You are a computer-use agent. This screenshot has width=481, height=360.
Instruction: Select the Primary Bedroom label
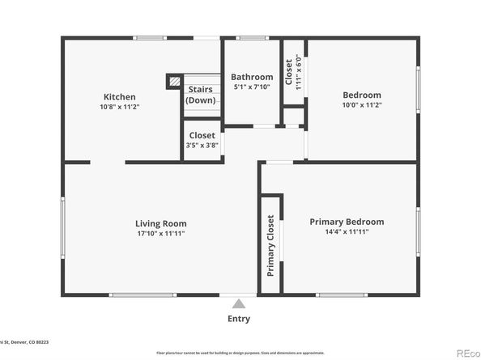(347, 221)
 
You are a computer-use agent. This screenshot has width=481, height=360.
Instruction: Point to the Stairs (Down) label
(201, 95)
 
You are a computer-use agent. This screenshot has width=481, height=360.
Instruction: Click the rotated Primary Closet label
(270, 245)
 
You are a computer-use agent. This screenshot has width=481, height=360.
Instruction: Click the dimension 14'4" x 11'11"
(347, 231)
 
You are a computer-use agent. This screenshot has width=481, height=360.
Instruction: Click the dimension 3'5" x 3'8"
(202, 146)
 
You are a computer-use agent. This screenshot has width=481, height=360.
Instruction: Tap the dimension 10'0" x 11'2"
(361, 105)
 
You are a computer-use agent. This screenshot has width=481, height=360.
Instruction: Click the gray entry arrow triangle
(238, 304)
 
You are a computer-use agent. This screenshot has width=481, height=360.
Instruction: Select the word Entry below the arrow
(238, 318)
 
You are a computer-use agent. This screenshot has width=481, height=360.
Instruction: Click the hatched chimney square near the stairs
(174, 81)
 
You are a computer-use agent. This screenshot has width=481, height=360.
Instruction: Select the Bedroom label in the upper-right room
(361, 95)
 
